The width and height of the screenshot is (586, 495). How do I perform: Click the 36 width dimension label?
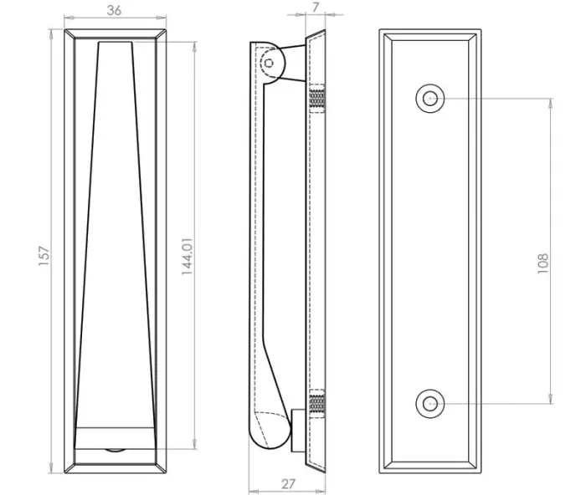(x=114, y=10)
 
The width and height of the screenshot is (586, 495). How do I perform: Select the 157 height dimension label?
(x=44, y=256)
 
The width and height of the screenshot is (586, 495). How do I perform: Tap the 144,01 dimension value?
(x=187, y=257)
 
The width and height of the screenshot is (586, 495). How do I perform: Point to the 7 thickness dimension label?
(x=316, y=7)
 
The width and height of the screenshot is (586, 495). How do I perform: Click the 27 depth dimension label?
(x=288, y=484)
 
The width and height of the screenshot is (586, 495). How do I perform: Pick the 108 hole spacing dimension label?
(x=542, y=263)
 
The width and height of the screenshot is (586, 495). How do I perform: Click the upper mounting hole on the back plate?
(x=430, y=99)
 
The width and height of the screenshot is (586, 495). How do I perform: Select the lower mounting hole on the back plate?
(x=430, y=404)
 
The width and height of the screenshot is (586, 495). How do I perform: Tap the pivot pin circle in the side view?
(x=269, y=63)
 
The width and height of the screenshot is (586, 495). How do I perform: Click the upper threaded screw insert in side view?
(x=317, y=98)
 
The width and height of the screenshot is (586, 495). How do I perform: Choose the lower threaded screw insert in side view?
(x=317, y=403)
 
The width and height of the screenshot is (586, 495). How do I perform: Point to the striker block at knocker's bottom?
(x=298, y=431)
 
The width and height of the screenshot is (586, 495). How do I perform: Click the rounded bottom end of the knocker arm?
(x=270, y=433)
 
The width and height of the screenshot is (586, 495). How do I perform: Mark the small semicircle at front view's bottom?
(x=116, y=451)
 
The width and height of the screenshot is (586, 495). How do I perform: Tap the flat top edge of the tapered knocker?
(x=116, y=42)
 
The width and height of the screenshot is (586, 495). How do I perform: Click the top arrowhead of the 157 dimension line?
(x=51, y=33)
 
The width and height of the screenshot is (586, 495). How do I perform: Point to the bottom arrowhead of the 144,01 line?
(x=194, y=444)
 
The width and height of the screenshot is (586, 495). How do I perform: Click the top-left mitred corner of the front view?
(x=69, y=33)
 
